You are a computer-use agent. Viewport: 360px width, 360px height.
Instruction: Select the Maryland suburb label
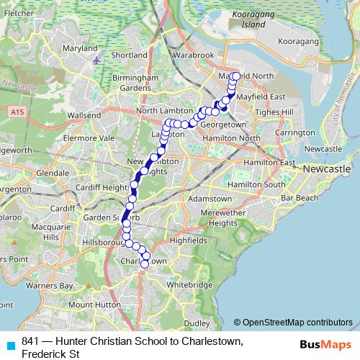[x=80, y=48]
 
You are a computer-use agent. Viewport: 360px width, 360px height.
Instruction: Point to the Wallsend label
[x=84, y=114]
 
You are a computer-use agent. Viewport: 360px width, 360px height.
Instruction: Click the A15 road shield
[x=17, y=111]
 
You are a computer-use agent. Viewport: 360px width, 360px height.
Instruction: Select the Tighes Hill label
[x=276, y=112]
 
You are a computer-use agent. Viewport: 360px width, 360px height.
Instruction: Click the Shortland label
[x=129, y=55]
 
